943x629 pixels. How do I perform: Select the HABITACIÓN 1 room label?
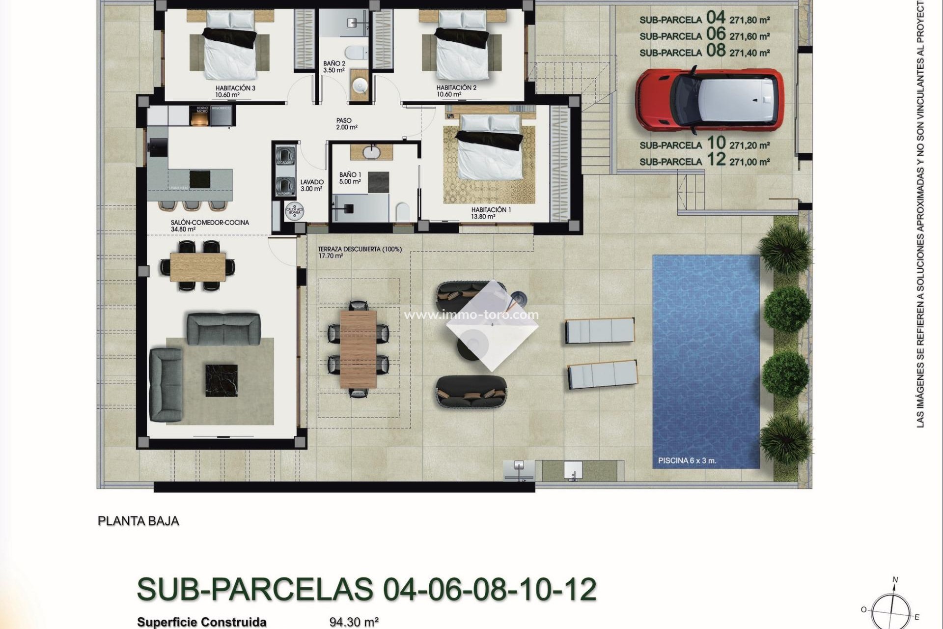(491, 210)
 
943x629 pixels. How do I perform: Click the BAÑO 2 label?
(334, 64)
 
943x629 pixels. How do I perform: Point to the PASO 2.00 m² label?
(344, 121)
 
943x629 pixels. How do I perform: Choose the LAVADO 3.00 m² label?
(312, 182)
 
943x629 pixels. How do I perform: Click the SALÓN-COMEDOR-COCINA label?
(210, 223)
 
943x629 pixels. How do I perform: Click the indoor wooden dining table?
(198, 266)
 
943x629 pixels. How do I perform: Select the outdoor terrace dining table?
(358, 348)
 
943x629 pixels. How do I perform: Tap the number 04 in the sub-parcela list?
(716, 18)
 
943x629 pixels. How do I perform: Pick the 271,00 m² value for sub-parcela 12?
(749, 162)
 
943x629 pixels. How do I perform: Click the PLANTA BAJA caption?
(139, 521)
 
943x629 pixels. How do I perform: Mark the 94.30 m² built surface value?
(354, 622)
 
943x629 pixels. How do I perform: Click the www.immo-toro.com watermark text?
(471, 314)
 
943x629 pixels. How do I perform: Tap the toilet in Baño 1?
(402, 212)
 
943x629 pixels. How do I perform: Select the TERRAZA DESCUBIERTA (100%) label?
(360, 249)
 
